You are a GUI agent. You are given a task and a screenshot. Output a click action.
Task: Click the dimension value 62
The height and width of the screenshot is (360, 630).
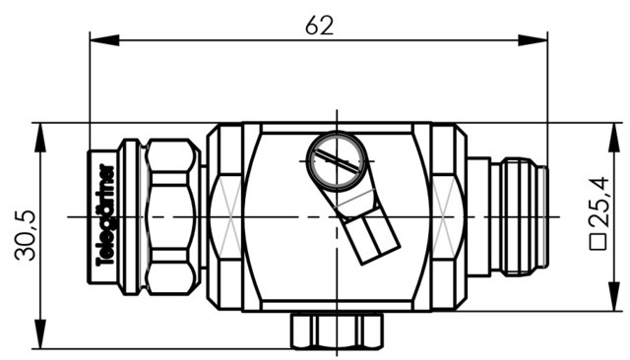coord(319,26)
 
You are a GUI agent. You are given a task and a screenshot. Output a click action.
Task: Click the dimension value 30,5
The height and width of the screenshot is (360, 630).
coord(26,235)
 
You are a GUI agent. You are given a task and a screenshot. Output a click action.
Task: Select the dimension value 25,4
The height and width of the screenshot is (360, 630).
coord(598,203)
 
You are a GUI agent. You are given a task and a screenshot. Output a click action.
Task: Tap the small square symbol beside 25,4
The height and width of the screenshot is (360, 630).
coord(598,242)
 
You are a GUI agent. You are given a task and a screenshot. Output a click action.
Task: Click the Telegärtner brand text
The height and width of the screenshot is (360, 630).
coord(106,215)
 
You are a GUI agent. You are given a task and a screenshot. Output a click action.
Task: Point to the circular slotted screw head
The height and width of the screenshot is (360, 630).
coord(337,161)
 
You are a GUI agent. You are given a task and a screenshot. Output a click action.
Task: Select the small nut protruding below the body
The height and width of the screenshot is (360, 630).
coord(337,330)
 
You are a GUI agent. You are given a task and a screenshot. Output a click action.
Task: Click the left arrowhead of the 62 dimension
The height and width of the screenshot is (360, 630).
coord(104,40)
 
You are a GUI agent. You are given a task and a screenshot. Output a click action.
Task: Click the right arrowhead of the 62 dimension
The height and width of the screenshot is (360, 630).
coord(533,40)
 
